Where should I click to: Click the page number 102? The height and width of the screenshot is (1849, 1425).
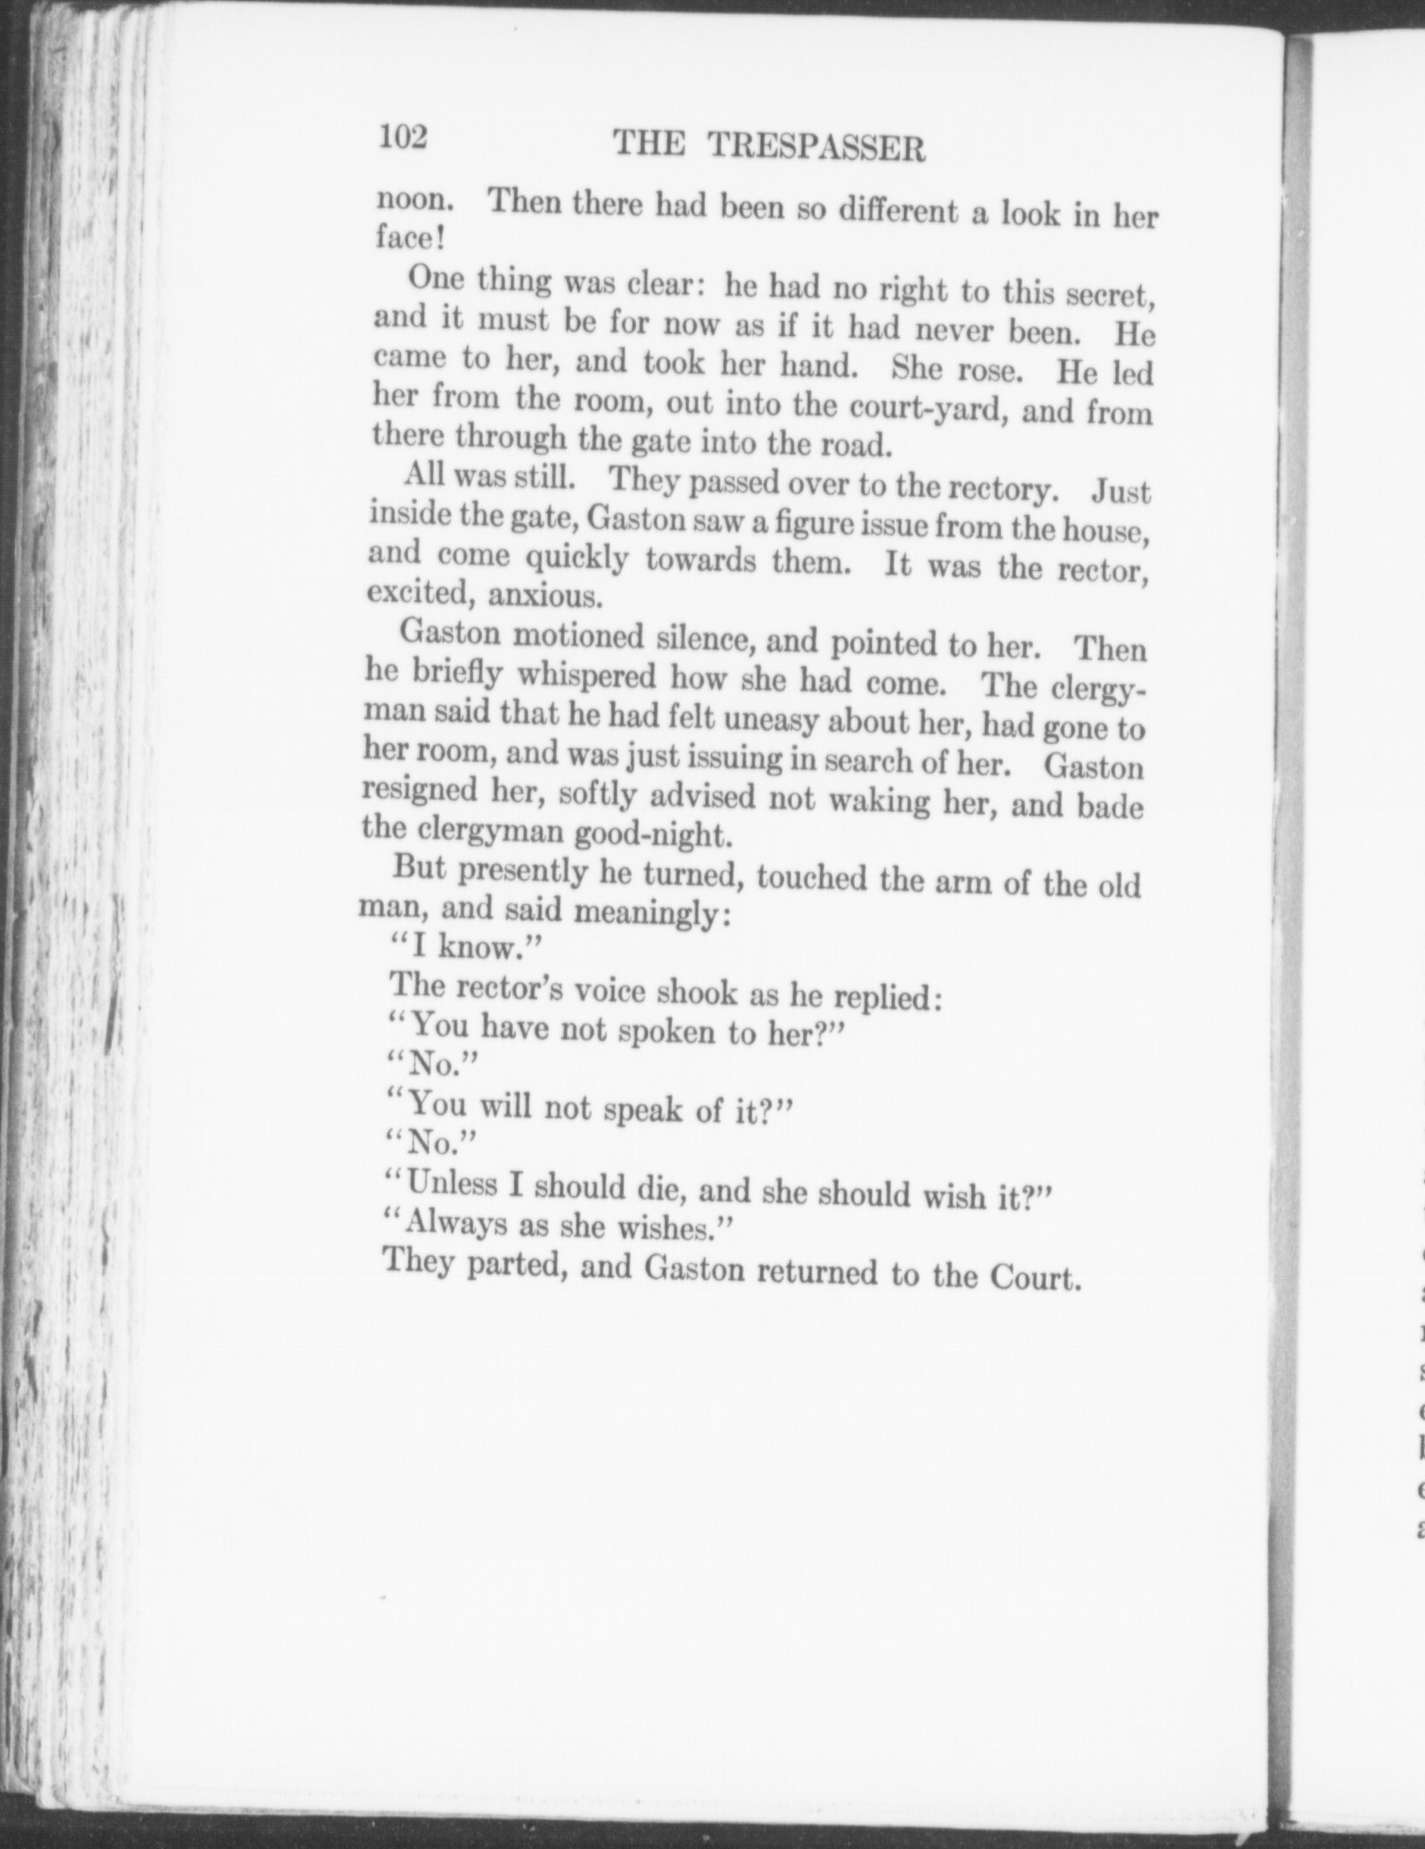tap(403, 138)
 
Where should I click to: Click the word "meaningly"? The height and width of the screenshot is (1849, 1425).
tap(649, 911)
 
